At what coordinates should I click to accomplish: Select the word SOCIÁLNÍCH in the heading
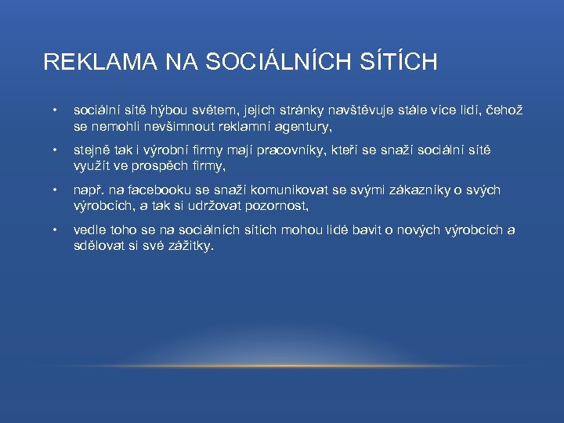point(266,62)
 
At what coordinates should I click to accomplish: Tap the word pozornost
point(277,205)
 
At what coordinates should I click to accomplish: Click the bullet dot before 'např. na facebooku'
point(54,190)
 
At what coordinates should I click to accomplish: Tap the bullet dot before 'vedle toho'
point(54,230)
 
